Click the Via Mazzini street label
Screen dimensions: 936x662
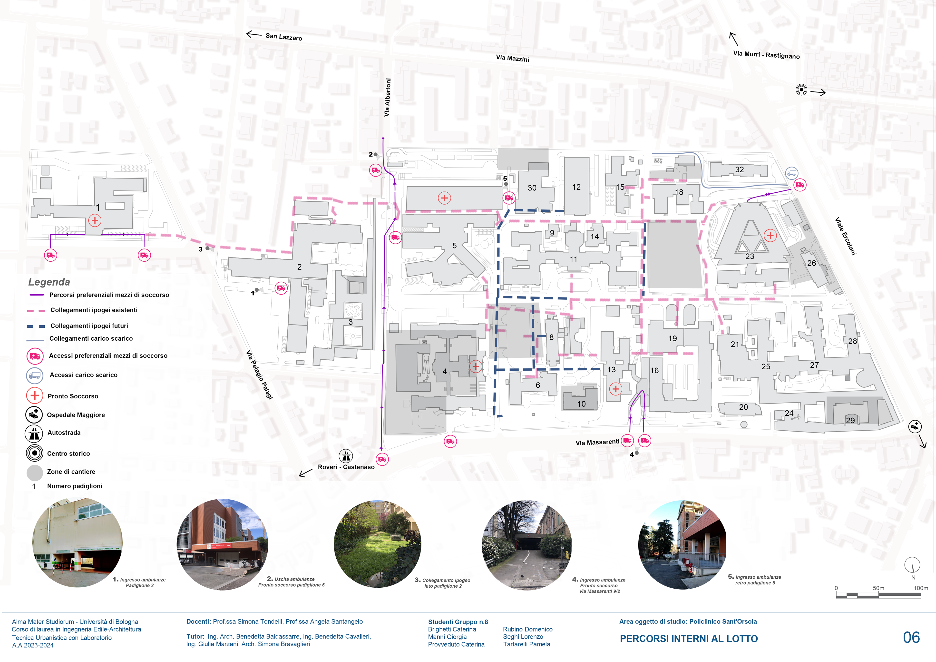pos(512,58)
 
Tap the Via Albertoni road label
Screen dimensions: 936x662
pos(387,98)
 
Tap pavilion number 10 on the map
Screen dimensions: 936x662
pos(581,404)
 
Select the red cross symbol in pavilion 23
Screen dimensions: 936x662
pos(770,236)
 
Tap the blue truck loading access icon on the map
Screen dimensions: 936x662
pos(791,173)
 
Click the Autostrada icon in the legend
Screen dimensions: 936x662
pos(34,434)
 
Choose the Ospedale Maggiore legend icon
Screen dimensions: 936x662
pos(34,415)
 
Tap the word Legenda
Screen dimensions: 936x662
pos(49,282)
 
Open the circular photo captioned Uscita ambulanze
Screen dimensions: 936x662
pos(223,544)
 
